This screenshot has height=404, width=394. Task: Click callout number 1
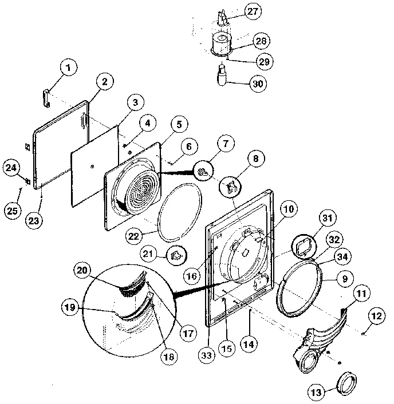click(69, 70)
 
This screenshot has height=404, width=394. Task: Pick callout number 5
click(179, 124)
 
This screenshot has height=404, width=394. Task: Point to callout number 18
click(168, 357)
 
